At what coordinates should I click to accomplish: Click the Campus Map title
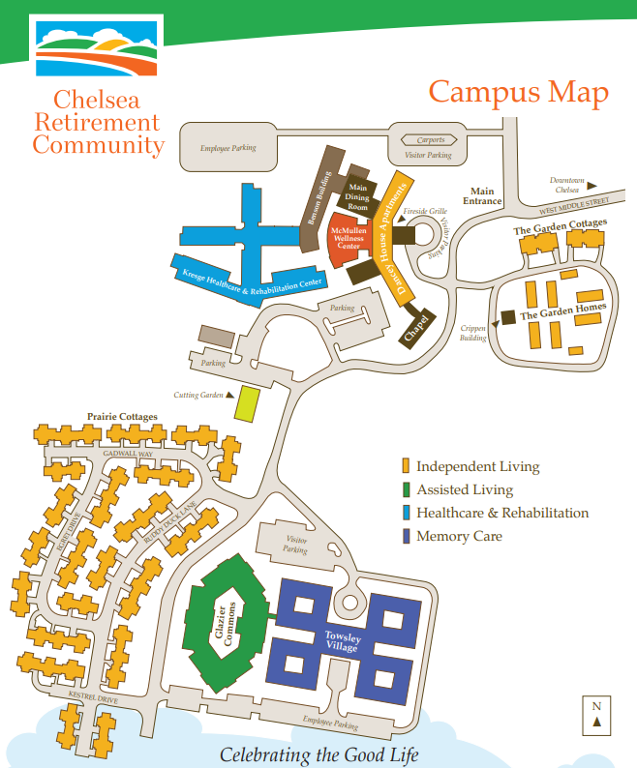click(518, 93)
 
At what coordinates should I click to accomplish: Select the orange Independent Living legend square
click(408, 467)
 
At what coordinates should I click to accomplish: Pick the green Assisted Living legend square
click(408, 490)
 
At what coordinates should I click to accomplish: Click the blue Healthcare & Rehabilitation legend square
click(408, 514)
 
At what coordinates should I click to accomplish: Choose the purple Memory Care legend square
click(408, 537)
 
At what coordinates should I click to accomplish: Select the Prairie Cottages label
click(122, 416)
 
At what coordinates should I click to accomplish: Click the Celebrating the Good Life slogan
click(318, 753)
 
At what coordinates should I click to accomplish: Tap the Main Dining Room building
click(358, 197)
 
